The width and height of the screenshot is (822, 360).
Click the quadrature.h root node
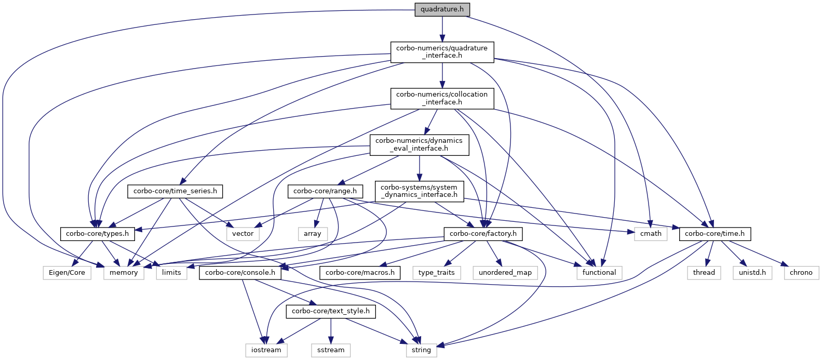442,9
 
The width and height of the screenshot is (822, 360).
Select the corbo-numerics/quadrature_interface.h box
442,52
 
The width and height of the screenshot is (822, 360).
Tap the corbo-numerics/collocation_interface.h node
442,98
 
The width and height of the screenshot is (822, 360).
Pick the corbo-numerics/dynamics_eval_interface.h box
419,144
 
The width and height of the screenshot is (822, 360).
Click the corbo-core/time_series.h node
175,191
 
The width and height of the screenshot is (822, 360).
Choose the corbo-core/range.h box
325,191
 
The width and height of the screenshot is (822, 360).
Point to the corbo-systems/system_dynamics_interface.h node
419,191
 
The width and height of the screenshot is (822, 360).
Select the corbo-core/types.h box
98,234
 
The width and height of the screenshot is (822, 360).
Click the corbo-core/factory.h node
483,234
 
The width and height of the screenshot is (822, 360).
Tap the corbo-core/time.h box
715,234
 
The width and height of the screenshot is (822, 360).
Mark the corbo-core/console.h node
240,272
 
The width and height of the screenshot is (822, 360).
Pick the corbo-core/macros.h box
360,272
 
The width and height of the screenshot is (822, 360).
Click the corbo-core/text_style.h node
331,311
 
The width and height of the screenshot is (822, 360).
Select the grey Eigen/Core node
67,272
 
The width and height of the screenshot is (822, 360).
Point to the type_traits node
437,272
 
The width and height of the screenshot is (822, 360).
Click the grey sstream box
331,350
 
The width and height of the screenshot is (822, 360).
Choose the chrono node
801,272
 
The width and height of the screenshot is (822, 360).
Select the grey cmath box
651,234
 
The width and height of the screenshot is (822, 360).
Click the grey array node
313,234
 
